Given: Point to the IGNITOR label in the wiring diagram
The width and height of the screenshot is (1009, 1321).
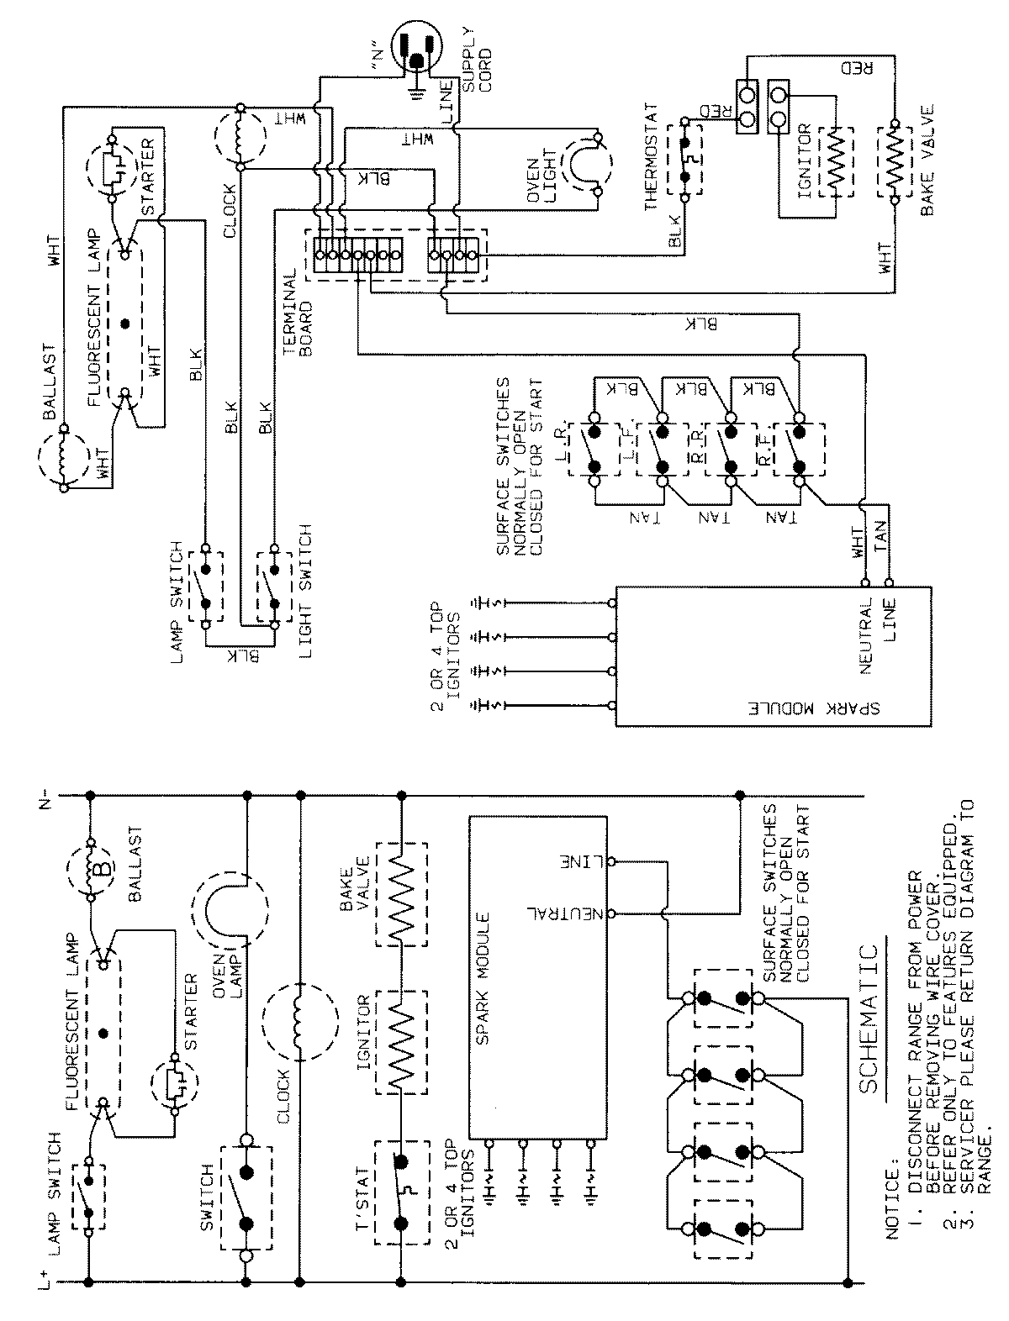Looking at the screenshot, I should (805, 160).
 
